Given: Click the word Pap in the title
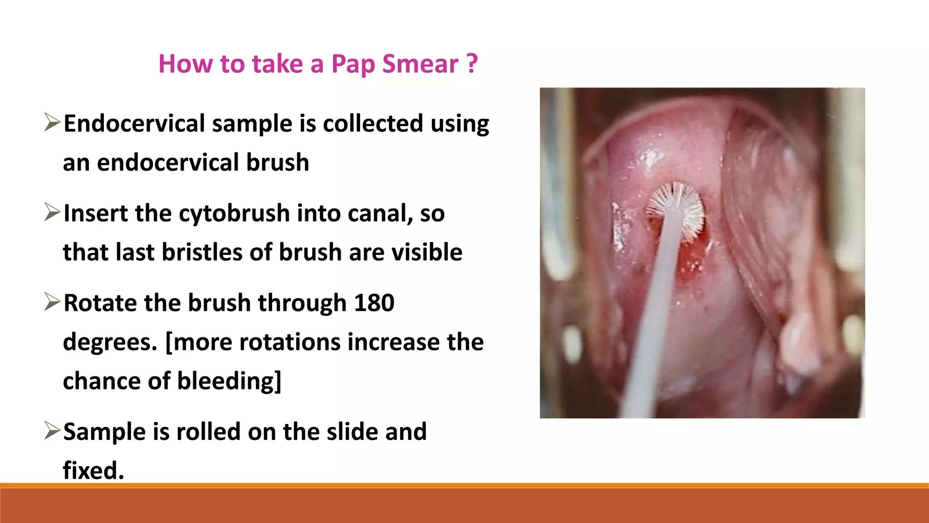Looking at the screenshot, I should point(353,64).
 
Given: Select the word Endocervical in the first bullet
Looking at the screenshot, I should point(134,123).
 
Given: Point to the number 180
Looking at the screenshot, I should point(374,303).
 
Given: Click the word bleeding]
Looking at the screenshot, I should point(229,381).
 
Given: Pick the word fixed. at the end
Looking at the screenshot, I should point(93,470).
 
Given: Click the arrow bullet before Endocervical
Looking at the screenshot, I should point(52,123).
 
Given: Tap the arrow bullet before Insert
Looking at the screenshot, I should point(52,212).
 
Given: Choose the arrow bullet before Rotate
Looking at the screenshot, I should point(52,302).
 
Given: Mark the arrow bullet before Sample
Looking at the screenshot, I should point(52,431).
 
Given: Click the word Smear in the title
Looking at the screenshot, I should point(420,64).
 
